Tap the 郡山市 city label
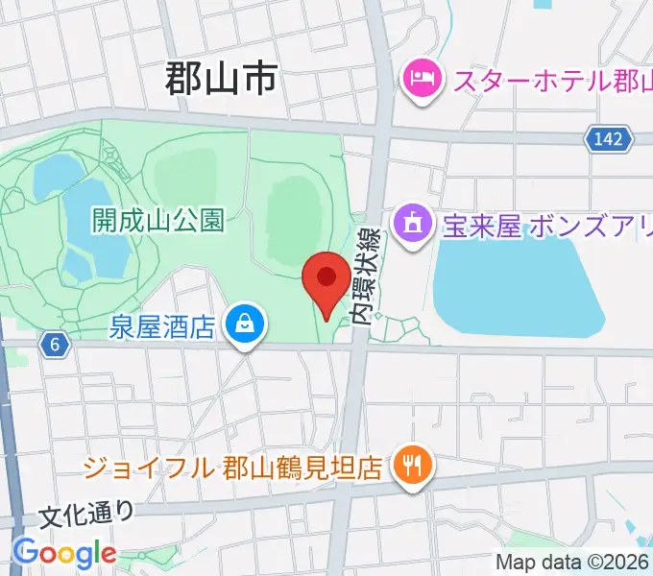221,78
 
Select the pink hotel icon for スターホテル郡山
423,78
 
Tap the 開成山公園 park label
158,222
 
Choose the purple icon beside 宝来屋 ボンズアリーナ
413,226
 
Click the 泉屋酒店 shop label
161,327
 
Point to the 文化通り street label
86,516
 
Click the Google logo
63,554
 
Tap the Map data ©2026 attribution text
572,563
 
